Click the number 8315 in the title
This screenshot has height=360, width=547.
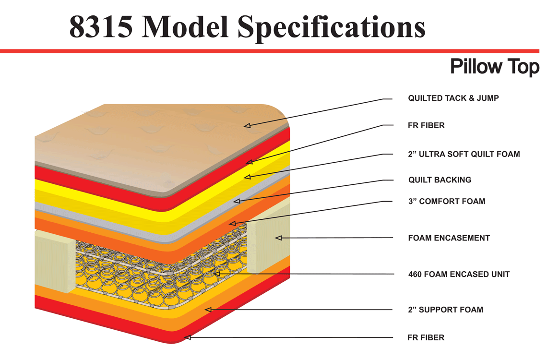[101, 27]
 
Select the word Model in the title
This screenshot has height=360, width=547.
[185, 26]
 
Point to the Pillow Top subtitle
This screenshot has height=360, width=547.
[495, 67]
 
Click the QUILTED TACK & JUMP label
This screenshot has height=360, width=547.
[453, 98]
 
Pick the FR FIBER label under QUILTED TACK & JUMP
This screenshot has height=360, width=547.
[426, 126]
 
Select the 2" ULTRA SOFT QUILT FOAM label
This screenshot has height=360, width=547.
[464, 154]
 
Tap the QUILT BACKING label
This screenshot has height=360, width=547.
[440, 180]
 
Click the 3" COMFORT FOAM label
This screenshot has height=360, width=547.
[447, 201]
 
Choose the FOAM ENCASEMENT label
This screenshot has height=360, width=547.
[449, 238]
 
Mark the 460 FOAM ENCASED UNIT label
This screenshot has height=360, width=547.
[459, 274]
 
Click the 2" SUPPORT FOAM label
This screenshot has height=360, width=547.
[445, 310]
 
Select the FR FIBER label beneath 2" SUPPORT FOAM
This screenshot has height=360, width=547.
[426, 337]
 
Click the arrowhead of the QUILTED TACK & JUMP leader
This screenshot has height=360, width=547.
[247, 125]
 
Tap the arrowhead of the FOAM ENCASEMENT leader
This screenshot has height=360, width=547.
[278, 238]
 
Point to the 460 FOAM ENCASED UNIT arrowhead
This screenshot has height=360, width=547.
[216, 274]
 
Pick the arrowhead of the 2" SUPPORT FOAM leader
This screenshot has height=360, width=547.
[208, 310]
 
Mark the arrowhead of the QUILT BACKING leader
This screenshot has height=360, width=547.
[237, 201]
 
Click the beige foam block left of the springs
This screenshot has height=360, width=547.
[54, 261]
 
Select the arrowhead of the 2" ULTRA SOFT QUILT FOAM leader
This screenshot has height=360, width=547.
[247, 177]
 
